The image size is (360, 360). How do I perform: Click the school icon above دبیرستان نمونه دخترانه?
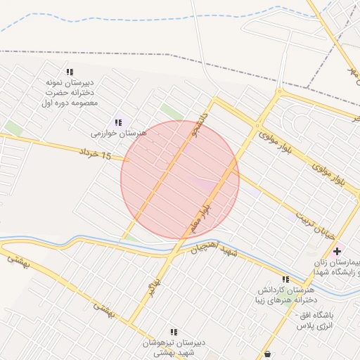[x=69, y=72]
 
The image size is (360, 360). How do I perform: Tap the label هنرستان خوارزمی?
[x=118, y=133]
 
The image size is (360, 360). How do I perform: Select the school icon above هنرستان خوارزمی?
[x=117, y=122]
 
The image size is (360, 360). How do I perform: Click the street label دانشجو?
[x=204, y=119]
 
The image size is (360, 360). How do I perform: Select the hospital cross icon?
[x=337, y=251]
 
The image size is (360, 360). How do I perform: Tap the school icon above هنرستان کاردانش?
[x=285, y=279]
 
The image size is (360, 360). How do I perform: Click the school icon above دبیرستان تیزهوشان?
[x=173, y=332]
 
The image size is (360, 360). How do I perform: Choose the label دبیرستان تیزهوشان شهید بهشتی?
[x=173, y=347]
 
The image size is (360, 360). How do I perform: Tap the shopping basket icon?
[x=267, y=354]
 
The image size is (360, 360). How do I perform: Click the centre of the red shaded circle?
[x=180, y=180]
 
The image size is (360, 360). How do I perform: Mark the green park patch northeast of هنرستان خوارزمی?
[x=171, y=112]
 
